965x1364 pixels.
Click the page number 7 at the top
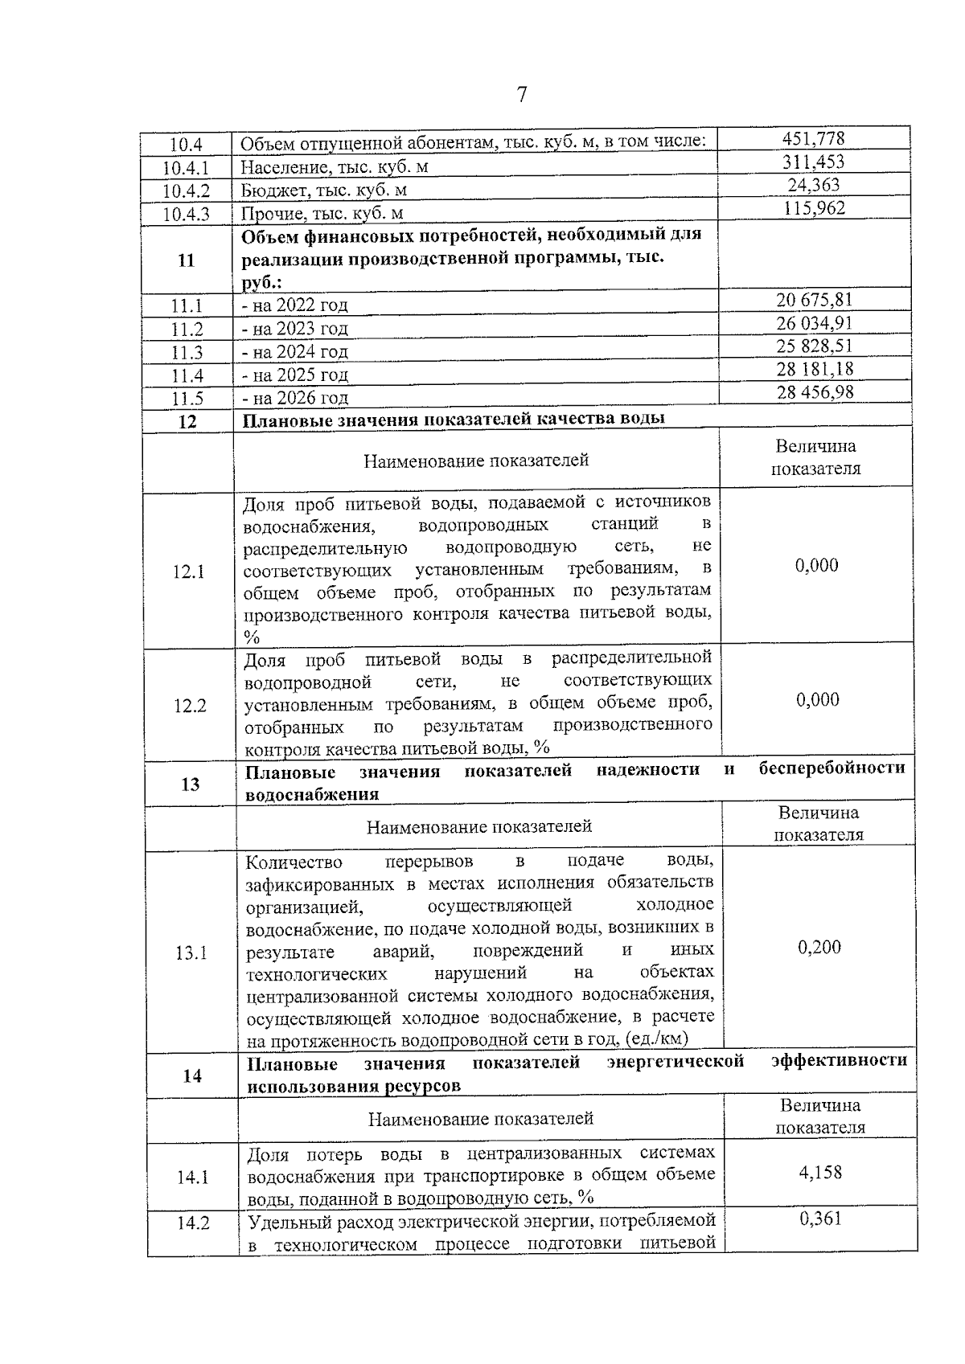(521, 95)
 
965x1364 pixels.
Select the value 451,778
(814, 138)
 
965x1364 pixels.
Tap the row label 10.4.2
(186, 191)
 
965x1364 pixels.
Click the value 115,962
(814, 208)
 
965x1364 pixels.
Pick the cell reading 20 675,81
(814, 300)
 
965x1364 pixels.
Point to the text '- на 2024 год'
(295, 351)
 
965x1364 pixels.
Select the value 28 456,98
(814, 392)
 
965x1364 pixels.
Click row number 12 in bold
(187, 421)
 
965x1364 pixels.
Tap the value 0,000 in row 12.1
(816, 565)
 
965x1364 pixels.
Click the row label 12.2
(190, 706)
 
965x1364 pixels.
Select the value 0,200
(819, 947)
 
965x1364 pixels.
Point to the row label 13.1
(191, 953)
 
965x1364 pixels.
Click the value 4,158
(820, 1172)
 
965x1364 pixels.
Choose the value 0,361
(820, 1219)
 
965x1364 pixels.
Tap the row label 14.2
(193, 1223)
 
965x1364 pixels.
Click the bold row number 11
(186, 260)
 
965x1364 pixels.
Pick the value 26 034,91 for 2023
(814, 323)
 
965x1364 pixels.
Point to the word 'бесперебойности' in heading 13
(832, 768)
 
